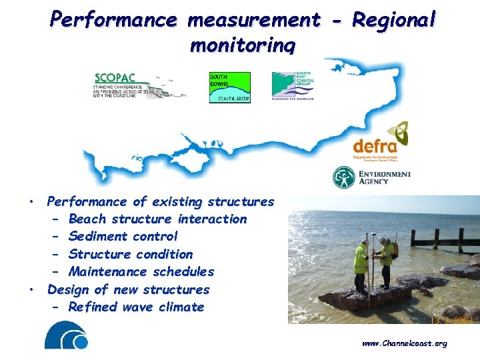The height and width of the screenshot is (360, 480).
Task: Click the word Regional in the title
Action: pos(393,20)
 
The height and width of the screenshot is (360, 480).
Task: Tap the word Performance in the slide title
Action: pos(113,20)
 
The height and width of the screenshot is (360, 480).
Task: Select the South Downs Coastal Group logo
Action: pos(230,87)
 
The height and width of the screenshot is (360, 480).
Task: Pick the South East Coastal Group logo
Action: pos(292,85)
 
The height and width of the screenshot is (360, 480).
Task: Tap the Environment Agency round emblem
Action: pos(344,177)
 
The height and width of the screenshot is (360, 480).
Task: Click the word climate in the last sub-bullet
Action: pos(181,307)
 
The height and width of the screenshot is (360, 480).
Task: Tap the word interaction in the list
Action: pos(212,219)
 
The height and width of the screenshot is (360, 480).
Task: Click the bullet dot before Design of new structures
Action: pos(31,290)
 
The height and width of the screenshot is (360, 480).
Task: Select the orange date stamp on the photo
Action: pos(451,321)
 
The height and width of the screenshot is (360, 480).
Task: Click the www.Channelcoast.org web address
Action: pos(404,343)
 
